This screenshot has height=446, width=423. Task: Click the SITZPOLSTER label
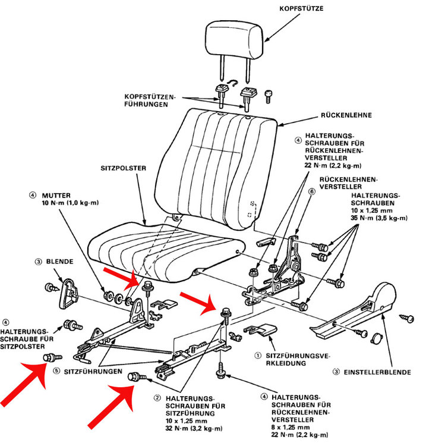tap(124, 168)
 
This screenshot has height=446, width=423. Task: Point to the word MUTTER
tap(57, 194)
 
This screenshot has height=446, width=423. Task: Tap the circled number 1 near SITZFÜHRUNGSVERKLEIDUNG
tap(257, 356)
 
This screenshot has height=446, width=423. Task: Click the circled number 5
tap(56, 369)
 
